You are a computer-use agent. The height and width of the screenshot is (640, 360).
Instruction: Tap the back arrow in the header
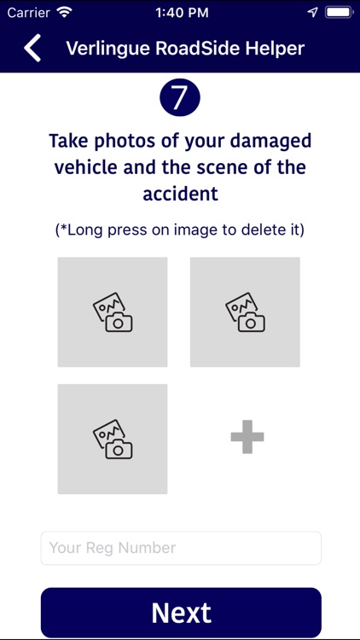32,48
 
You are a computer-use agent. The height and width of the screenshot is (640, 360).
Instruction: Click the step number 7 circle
180,98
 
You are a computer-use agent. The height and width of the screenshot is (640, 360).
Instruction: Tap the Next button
181,613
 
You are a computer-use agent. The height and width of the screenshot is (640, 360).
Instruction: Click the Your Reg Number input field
181,548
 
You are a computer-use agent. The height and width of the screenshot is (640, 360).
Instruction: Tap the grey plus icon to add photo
247,439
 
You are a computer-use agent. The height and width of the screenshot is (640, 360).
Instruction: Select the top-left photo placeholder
113,312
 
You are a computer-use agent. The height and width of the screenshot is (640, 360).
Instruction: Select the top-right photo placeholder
245,312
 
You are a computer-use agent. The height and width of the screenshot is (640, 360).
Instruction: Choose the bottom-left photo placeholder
113,439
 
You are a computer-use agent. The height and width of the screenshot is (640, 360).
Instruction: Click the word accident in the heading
180,194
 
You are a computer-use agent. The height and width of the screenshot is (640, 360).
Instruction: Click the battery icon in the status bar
340,13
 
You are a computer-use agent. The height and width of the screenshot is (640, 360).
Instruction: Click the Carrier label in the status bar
28,13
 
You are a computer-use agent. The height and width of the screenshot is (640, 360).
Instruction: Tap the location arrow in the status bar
312,13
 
